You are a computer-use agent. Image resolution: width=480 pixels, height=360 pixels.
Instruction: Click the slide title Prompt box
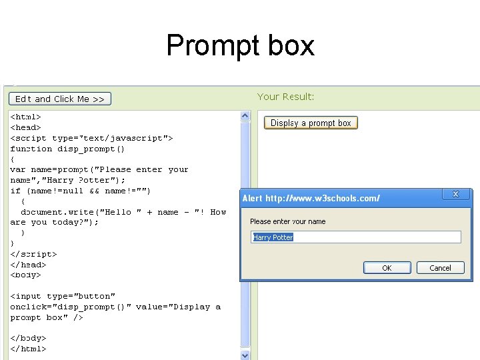click(x=240, y=45)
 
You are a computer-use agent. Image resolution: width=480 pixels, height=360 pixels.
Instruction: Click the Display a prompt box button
click(x=311, y=123)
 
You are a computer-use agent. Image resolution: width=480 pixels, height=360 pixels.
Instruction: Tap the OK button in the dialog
click(x=387, y=268)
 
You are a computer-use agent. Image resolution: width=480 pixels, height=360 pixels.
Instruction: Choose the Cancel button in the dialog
click(x=440, y=268)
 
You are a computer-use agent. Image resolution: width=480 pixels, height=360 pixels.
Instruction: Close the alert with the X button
click(x=456, y=194)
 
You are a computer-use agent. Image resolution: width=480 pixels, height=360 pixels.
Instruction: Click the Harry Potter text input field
click(x=356, y=237)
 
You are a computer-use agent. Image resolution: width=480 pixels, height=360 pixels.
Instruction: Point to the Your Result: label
click(x=285, y=97)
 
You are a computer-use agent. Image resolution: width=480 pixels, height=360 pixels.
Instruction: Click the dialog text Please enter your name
click(x=287, y=221)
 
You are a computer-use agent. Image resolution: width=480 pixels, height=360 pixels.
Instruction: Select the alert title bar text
click(x=311, y=198)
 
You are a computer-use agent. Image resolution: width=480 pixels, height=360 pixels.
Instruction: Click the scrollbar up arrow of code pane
click(x=245, y=116)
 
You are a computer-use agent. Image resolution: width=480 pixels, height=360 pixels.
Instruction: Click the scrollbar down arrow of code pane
click(x=245, y=355)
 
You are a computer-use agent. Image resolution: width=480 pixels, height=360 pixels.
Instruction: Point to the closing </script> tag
click(x=33, y=254)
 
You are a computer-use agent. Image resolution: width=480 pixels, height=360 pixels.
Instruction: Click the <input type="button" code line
click(x=63, y=296)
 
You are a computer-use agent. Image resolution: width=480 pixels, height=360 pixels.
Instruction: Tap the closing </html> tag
click(x=28, y=349)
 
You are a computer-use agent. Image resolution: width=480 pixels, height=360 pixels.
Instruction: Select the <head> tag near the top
click(x=25, y=127)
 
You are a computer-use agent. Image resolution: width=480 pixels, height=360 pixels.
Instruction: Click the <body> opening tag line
click(x=25, y=275)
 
